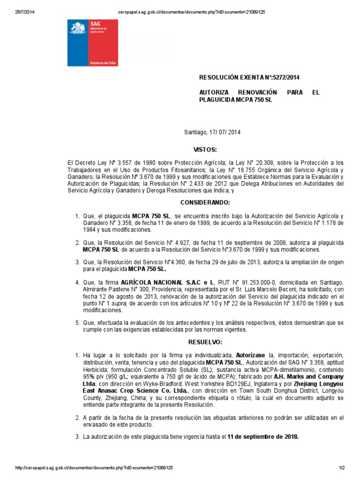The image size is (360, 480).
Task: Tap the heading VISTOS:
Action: coord(205,150)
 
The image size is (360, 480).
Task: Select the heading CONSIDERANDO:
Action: coord(205,202)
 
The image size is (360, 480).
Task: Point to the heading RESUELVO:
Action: coord(205,342)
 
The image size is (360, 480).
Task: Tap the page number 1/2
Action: coord(342,468)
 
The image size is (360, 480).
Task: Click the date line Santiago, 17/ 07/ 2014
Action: coord(211,133)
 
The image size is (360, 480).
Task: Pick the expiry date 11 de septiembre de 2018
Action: coord(262,436)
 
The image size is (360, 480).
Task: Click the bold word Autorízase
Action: coord(252,355)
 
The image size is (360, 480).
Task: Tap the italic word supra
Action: coord(121,303)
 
